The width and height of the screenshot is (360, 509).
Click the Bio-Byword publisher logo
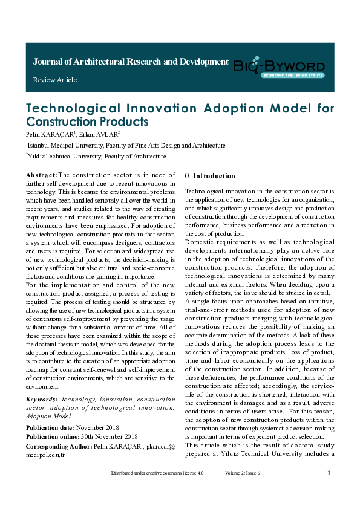280,66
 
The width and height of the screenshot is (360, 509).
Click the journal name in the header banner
131,62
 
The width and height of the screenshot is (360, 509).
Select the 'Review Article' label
55,80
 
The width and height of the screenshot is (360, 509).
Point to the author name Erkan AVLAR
103,133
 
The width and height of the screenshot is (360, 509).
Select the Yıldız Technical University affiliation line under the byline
96,156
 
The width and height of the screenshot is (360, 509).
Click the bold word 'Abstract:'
41,175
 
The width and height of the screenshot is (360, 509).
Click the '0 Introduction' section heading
210,176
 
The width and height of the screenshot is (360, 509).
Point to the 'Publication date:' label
51,427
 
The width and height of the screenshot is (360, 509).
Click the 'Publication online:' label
53,436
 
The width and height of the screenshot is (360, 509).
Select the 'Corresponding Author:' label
59,446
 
